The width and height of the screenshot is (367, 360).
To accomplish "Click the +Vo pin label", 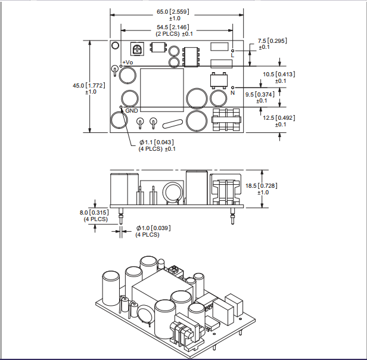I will click(127, 63).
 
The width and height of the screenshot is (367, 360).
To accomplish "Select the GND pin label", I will click(132, 110).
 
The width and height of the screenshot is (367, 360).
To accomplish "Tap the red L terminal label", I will click(232, 55).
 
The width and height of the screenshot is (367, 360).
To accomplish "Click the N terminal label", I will click(232, 94).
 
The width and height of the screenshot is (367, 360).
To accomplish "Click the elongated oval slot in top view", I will click(171, 124).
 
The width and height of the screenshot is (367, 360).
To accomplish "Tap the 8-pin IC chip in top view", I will click(192, 55).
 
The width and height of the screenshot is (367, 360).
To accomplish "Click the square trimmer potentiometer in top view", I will click(138, 49).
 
